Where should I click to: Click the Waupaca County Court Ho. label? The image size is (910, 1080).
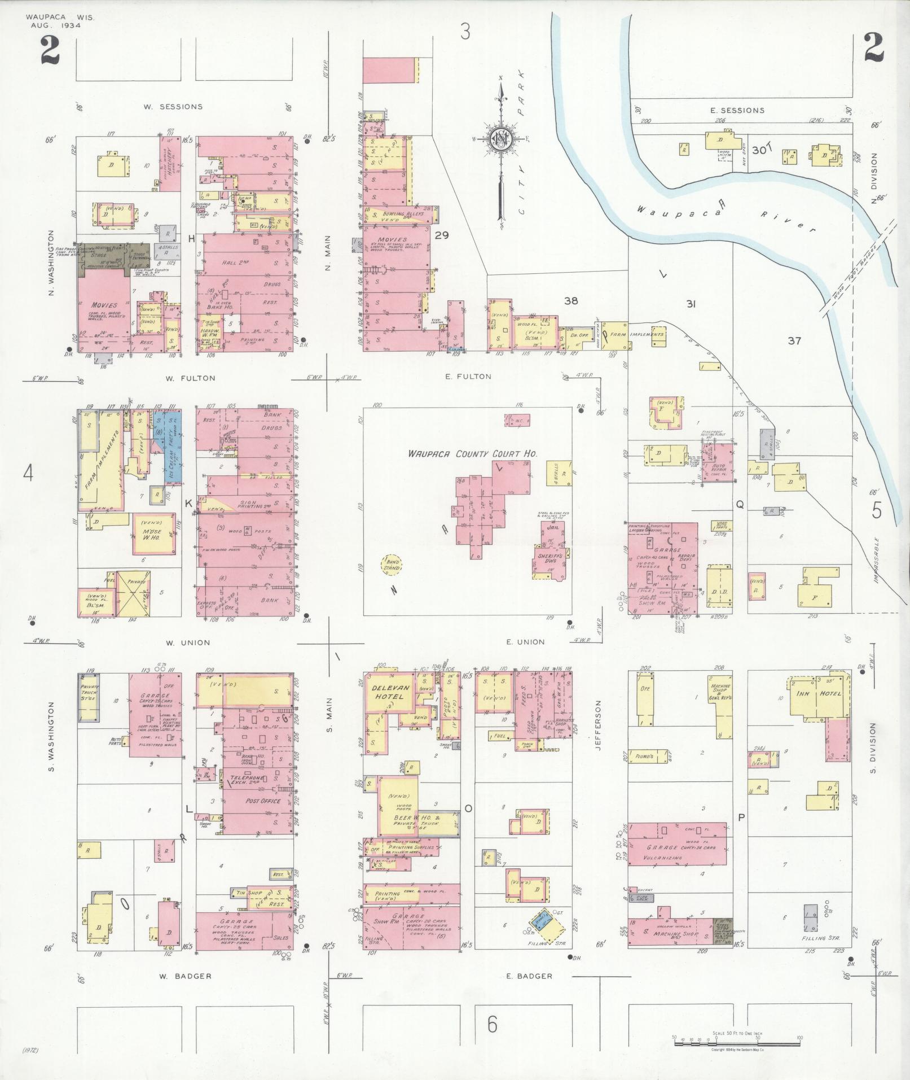473,453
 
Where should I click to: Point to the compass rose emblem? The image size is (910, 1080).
500,139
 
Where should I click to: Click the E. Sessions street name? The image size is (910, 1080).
737,110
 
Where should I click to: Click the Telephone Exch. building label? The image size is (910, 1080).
247,780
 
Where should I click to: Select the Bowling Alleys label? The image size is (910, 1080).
398,215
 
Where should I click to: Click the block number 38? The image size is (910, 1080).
571,301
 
